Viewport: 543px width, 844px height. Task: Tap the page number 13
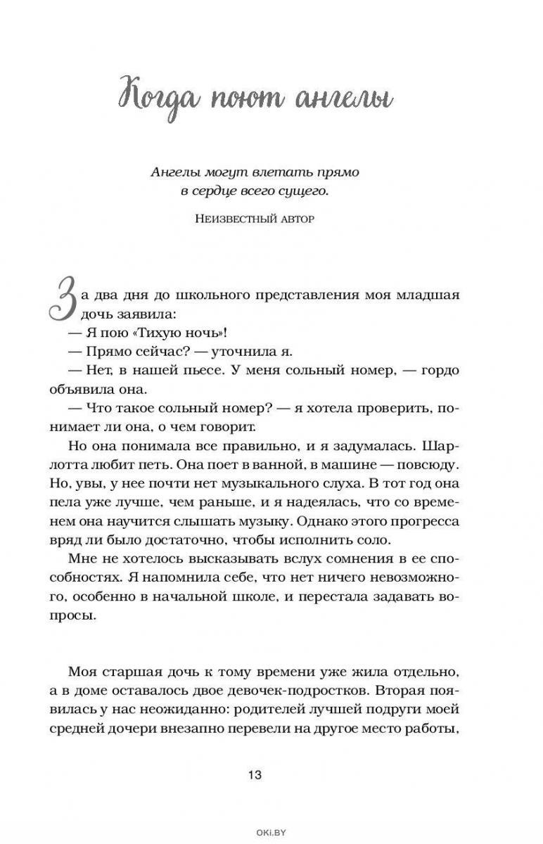click(254, 774)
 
